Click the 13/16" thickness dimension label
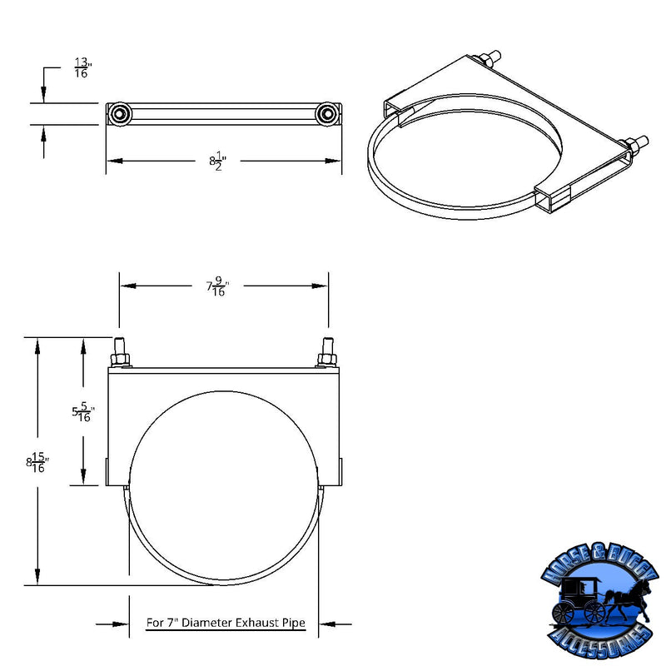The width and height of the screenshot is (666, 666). [x=82, y=67]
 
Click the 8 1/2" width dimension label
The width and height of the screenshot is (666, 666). [x=219, y=160]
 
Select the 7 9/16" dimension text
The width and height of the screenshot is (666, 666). [x=217, y=286]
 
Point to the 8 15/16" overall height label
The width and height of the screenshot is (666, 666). [x=38, y=464]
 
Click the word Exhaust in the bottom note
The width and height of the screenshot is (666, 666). [x=264, y=622]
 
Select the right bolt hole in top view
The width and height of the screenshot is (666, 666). [x=327, y=112]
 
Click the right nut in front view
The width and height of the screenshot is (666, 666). [x=326, y=360]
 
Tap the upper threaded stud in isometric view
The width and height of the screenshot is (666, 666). [x=491, y=58]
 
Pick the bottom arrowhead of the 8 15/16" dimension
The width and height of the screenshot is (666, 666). [x=37, y=579]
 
